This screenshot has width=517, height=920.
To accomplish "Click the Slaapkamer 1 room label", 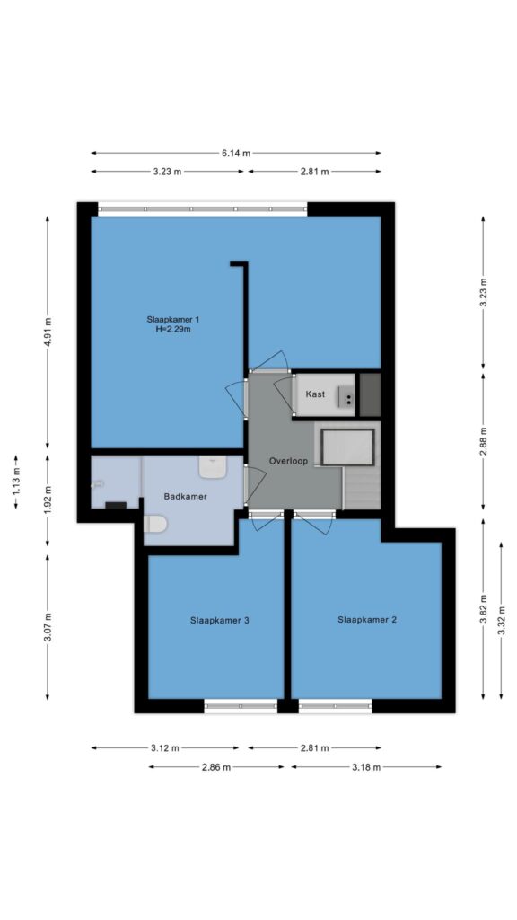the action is point(173,319).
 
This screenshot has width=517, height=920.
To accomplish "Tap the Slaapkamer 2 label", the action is point(367,619).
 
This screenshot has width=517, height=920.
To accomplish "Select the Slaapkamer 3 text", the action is point(221,620).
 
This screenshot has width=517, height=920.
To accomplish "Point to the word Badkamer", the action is point(185,496).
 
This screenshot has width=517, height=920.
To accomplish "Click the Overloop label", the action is point(288,461).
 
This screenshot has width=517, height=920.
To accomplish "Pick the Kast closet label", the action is point(315,394).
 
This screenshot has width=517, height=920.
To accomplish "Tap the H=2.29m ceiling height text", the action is point(173,330).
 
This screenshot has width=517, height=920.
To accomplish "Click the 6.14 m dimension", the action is point(236,153).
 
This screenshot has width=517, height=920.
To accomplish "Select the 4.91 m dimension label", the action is point(48,332).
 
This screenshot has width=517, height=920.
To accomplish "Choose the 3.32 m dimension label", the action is point(501,620).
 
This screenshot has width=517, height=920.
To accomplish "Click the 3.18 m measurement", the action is point(366,767).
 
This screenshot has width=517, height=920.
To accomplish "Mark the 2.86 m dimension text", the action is point(215,767).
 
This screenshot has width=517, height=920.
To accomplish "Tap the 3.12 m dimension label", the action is point(165,748).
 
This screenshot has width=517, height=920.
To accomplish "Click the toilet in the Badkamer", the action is point(155,524).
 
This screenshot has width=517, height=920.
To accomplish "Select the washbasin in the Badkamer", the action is point(212,467).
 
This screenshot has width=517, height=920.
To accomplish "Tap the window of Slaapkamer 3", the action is point(241,706).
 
